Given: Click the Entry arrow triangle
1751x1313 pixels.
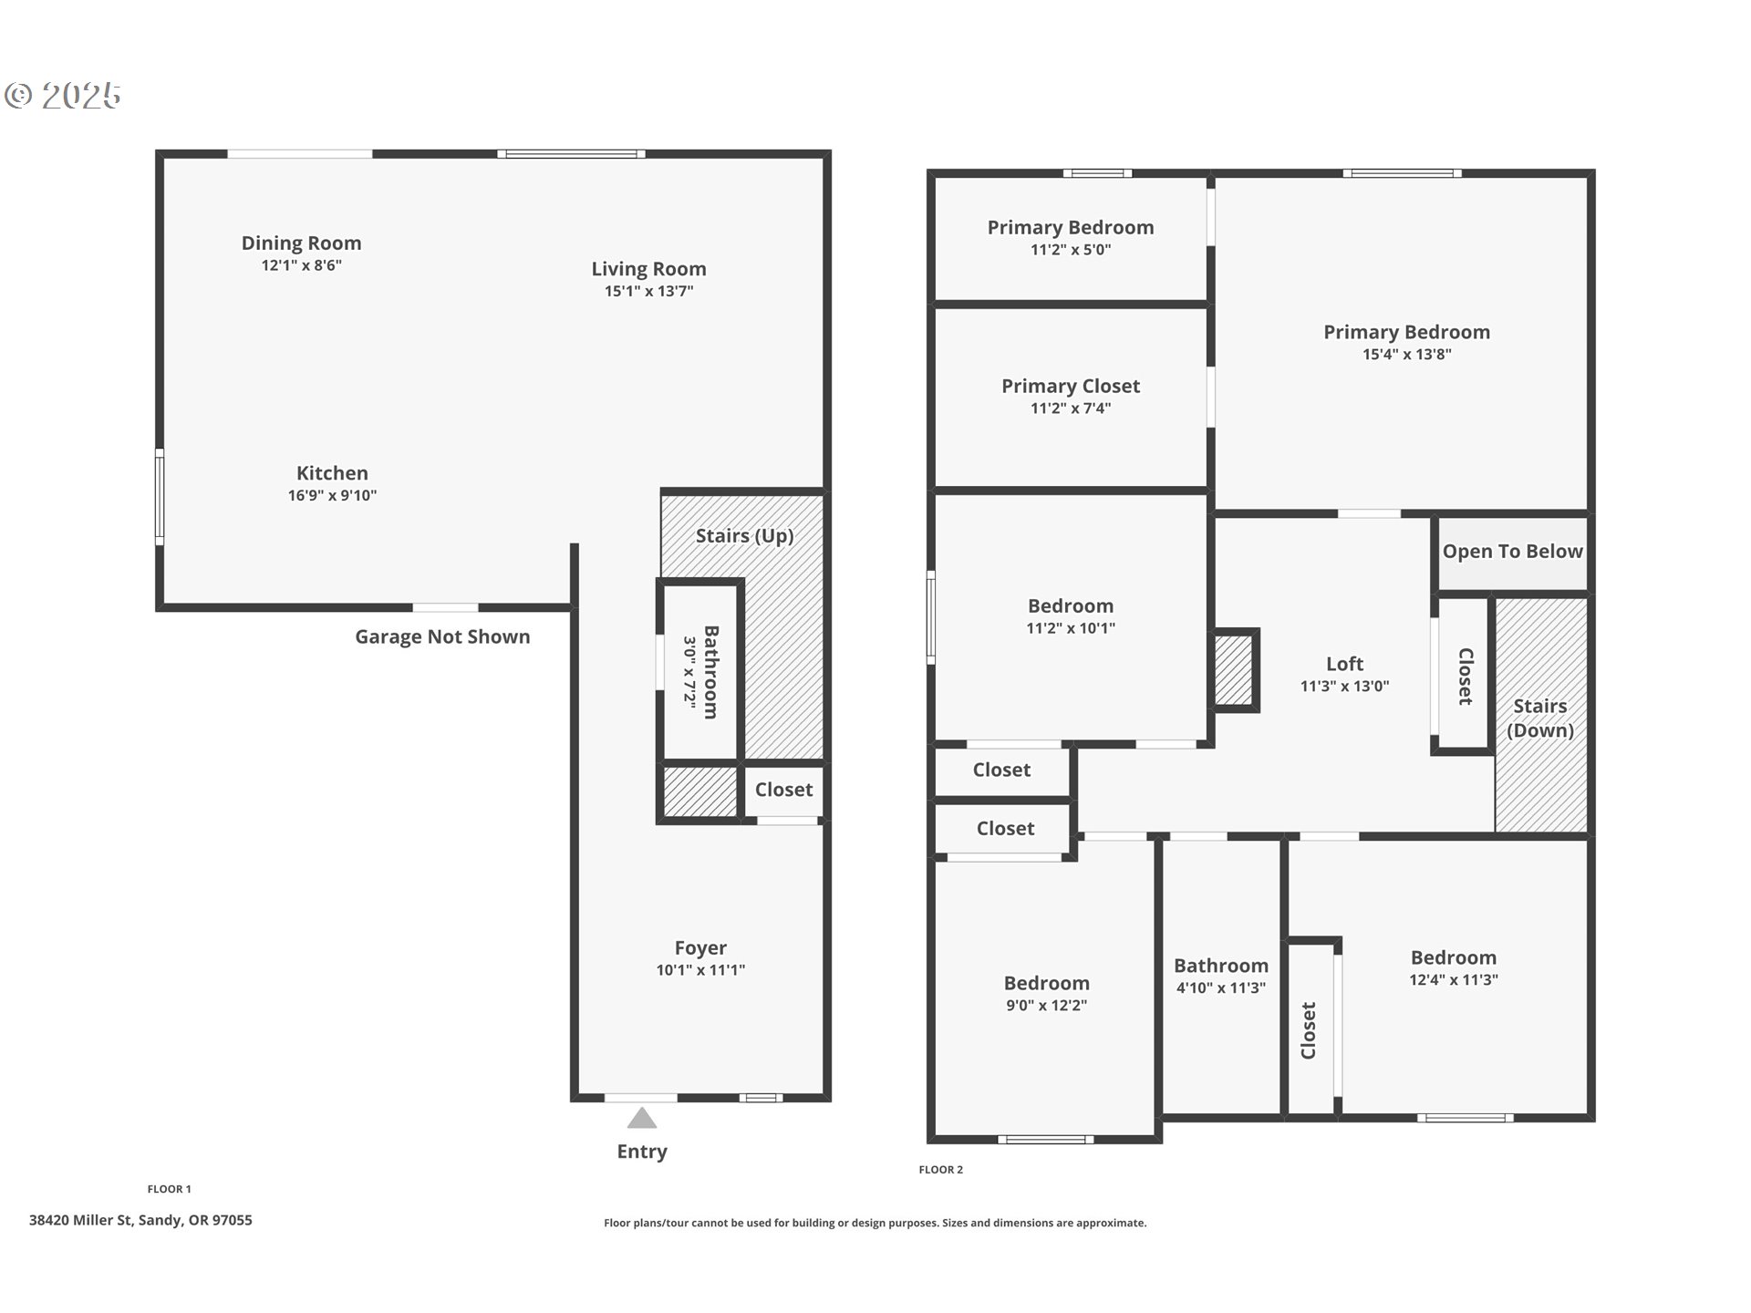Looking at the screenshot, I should coord(642,1118).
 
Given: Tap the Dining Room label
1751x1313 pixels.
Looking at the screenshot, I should coord(301,243).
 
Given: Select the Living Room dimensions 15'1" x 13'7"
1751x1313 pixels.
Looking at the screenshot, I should coord(648,292).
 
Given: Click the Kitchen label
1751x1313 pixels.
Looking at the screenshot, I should coord(332,473).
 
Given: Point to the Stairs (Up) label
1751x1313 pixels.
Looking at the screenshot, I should coord(744,536).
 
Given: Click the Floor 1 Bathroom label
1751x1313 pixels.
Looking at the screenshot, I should coord(710,672).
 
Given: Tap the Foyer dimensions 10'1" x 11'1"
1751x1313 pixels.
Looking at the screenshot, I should coord(700,970).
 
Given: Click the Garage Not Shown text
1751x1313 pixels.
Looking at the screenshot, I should coord(442,637).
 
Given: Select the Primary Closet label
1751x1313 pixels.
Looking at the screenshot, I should coord(1071,387).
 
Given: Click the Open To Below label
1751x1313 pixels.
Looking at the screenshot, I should coord(1512,552).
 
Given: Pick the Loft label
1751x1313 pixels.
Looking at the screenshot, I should coord(1344,665).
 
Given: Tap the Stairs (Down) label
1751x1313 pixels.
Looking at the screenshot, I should coord(1539,719).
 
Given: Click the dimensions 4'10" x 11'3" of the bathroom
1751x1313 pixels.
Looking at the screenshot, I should coord(1220,988).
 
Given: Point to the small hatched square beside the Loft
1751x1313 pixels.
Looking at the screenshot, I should coord(1233,670).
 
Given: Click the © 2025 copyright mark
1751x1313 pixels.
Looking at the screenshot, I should coord(63,96).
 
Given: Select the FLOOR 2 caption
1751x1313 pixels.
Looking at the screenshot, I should coord(940,1170).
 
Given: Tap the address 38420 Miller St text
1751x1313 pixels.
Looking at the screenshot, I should coord(140,1220).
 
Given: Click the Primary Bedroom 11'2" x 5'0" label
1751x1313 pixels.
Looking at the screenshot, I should coord(1071,228).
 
